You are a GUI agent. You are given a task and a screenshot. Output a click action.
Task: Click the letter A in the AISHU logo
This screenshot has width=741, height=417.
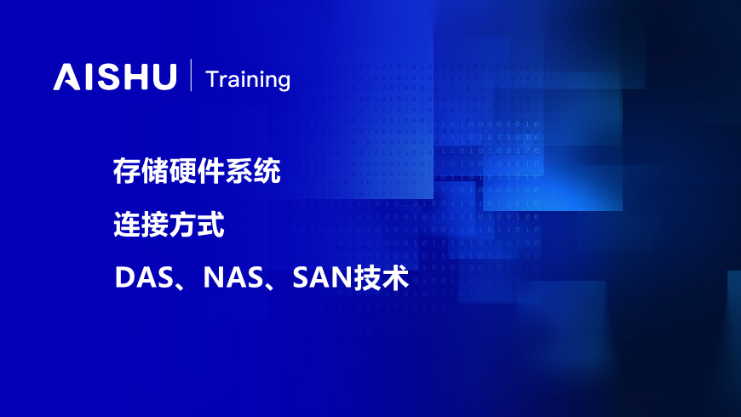pyautogui.click(x=66, y=77)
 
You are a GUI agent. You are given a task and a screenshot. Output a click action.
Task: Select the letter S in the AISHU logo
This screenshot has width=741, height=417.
pyautogui.click(x=108, y=77)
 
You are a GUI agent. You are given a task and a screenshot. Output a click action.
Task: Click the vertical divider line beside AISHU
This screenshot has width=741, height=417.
pyautogui.click(x=191, y=75)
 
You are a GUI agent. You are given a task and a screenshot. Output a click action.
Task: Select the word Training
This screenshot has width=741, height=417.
pyautogui.click(x=248, y=80)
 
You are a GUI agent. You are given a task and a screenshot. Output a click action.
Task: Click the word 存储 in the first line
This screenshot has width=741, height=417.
pyautogui.click(x=141, y=170)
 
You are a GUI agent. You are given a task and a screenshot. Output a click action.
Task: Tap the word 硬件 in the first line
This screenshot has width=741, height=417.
pyautogui.click(x=197, y=170)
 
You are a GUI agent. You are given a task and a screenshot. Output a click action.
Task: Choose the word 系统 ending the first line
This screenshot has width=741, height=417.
pyautogui.click(x=253, y=170)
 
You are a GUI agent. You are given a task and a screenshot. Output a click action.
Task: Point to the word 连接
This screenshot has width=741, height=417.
pyautogui.click(x=141, y=225)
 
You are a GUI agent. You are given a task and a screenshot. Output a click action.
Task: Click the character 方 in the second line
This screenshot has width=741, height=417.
pyautogui.click(x=182, y=225)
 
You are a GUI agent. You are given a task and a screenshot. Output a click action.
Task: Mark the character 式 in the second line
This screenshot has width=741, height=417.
pyautogui.click(x=210, y=225)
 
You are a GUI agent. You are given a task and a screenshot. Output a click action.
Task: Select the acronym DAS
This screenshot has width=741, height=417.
pyautogui.click(x=144, y=277)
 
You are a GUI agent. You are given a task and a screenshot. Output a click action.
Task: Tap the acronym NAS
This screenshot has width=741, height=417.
pyautogui.click(x=233, y=277)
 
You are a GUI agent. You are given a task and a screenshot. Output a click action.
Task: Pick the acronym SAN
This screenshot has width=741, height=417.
pyautogui.click(x=322, y=277)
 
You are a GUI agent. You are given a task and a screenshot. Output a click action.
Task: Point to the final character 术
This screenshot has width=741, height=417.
pyautogui.click(x=395, y=277)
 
